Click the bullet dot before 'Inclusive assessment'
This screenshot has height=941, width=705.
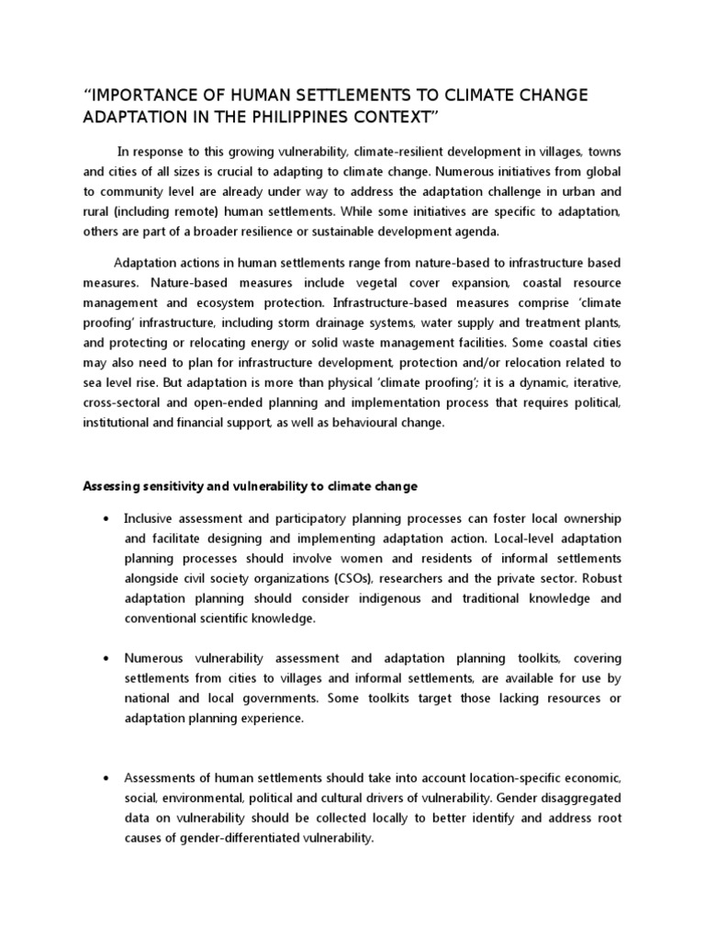[108, 517]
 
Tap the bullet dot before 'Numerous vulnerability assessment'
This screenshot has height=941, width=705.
[108, 659]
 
